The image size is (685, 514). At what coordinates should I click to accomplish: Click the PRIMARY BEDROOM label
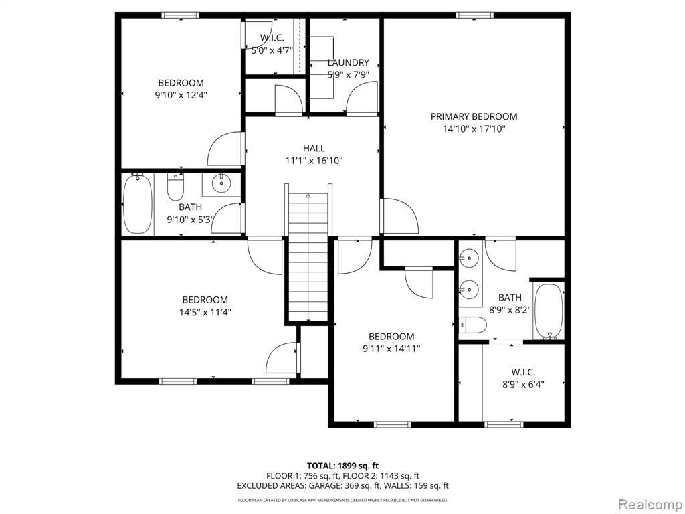[x=474, y=116]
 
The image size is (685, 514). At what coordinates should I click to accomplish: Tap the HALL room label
[x=314, y=148]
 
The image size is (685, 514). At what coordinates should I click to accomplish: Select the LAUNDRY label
[x=348, y=62]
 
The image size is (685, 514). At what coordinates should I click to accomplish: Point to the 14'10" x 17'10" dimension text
[x=474, y=129]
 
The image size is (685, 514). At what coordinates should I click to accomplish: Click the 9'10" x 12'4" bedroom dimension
[x=181, y=95]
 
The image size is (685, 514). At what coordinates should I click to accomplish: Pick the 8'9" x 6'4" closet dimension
[x=523, y=385]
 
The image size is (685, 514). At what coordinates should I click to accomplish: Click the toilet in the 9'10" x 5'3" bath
[x=176, y=187]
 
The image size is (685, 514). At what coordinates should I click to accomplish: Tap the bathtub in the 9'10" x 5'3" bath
[x=138, y=203]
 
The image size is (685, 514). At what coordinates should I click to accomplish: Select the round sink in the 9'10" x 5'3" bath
[x=221, y=183]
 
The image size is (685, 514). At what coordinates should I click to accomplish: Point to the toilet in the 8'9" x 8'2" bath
[x=473, y=325]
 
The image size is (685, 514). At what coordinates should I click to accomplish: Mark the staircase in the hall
[x=308, y=258]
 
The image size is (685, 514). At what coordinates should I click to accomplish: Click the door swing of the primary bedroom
[x=400, y=216]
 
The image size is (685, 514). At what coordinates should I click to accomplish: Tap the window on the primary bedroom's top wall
[x=475, y=15]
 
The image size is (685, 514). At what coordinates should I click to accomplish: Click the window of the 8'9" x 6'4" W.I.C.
[x=504, y=424]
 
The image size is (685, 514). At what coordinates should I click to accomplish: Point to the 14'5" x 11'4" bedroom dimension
[x=205, y=312]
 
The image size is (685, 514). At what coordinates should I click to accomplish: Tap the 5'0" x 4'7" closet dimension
[x=272, y=50]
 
